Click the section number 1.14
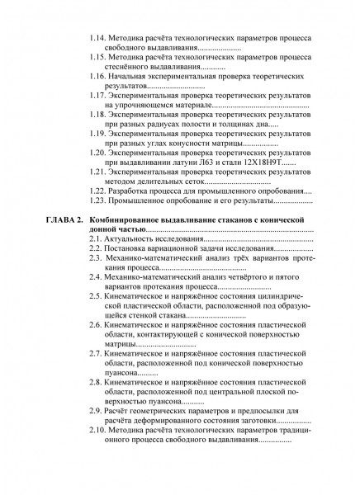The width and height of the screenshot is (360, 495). [x=98, y=37]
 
